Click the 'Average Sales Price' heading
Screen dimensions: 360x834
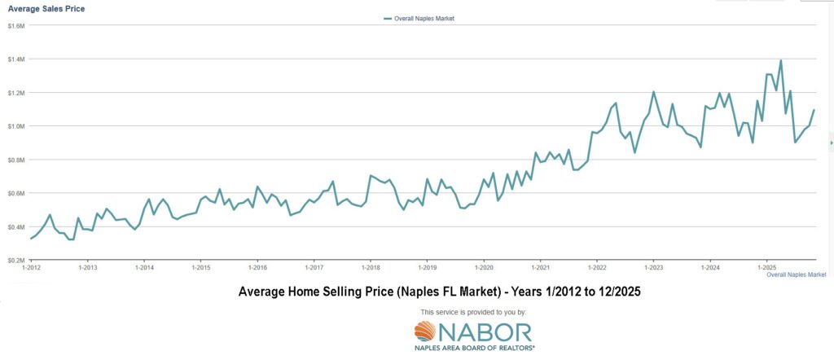46,8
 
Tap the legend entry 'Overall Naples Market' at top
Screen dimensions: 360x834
419,18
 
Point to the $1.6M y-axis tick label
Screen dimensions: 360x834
16,26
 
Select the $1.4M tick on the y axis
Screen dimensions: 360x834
16,59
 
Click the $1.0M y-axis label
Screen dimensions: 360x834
16,126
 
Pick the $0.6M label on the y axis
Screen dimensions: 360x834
16,193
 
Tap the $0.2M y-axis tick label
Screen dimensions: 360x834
16,260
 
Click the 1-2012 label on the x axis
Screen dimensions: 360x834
32,268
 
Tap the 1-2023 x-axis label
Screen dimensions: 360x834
653,268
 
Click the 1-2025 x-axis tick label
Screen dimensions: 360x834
766,268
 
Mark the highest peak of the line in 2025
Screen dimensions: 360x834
781,60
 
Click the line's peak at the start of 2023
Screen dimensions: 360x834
653,92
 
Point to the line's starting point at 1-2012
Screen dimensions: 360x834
31,238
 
